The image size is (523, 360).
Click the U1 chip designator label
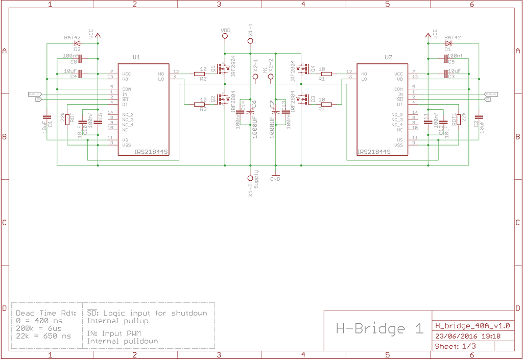tap(135, 58)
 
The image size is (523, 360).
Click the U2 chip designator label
tap(389, 58)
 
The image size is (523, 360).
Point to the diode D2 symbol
tap(77, 43)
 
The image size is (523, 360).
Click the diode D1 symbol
tap(448, 43)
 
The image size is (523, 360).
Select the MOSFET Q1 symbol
tap(223, 68)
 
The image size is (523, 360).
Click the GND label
tap(275, 179)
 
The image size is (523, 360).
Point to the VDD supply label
tap(225, 31)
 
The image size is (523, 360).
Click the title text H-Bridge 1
tap(379, 328)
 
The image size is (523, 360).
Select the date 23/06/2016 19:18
tap(467, 337)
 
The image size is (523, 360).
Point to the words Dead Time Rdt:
tap(45, 313)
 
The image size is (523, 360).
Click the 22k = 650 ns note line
tap(43, 336)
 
